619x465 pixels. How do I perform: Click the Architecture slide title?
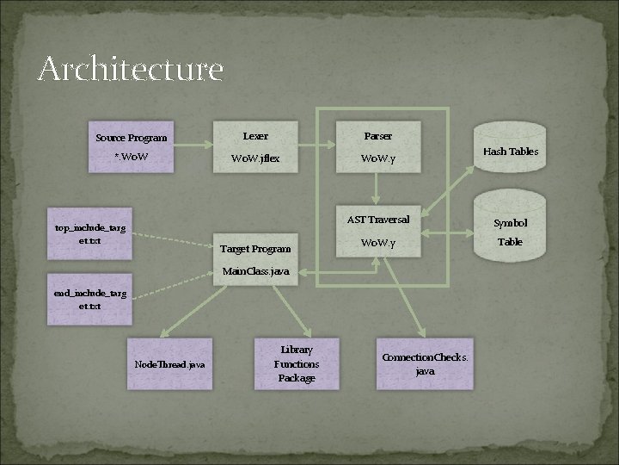pos(130,69)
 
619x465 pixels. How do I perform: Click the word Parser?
pos(378,136)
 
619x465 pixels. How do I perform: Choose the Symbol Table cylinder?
pos(511,231)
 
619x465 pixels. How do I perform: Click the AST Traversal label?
pos(378,220)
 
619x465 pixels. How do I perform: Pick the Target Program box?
pos(255,249)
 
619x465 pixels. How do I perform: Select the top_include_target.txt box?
pos(89,234)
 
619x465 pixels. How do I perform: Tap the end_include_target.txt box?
pos(89,299)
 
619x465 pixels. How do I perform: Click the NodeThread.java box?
pos(169,364)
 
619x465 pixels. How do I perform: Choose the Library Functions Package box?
pos(297,363)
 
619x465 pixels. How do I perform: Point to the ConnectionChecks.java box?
pos(425,363)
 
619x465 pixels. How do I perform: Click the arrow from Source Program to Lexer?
pos(193,147)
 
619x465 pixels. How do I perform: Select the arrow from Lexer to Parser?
pos(317,147)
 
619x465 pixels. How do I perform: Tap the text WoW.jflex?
pos(255,158)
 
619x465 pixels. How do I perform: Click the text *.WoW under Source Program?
pos(131,158)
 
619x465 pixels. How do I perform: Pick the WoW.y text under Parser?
pos(378,158)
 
